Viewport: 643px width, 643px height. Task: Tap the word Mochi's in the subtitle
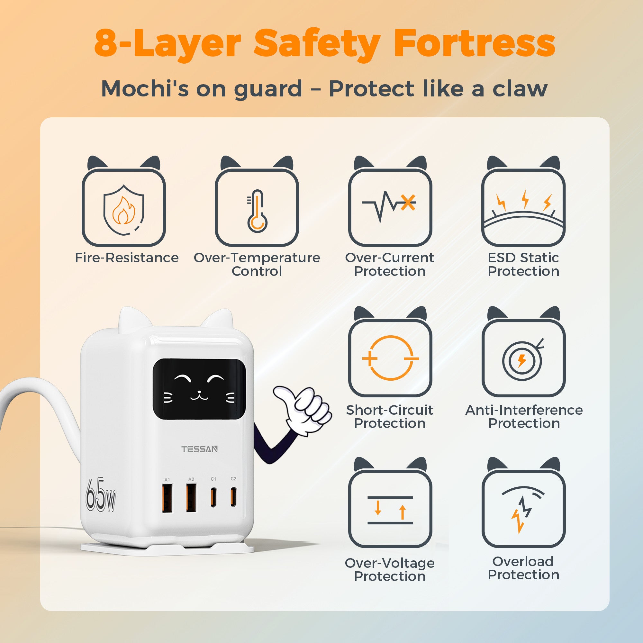tap(145, 89)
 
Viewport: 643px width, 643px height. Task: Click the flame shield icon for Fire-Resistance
tap(123, 210)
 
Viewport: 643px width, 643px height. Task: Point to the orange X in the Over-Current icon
tap(408, 202)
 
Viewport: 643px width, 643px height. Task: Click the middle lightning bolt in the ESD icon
tap(525, 199)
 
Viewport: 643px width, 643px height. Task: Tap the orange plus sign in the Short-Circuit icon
tap(369, 359)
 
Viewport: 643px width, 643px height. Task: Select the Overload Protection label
tap(523, 568)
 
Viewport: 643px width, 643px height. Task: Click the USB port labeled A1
tap(168, 498)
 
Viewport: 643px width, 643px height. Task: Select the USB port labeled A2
tap(191, 498)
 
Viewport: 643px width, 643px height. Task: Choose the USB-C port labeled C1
tap(213, 497)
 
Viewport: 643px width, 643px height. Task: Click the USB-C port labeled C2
tap(233, 497)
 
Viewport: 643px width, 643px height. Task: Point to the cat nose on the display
tap(199, 393)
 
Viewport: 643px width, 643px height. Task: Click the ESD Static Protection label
tap(523, 265)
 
